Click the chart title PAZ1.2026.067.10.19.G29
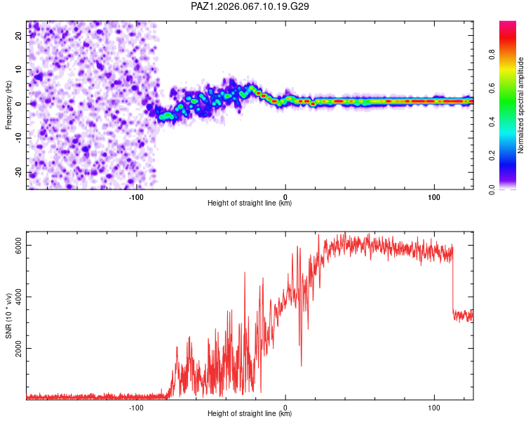[x=250, y=6]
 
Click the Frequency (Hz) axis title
[x=9, y=105]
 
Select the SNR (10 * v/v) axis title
[x=9, y=316]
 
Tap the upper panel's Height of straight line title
[x=250, y=203]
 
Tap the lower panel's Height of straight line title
[x=250, y=414]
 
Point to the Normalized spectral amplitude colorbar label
[x=520, y=105]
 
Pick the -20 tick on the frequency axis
[x=20, y=172]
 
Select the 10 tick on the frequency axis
[x=20, y=70]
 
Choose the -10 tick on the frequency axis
[x=20, y=138]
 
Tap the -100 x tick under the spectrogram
[x=136, y=197]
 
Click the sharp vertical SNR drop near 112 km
[x=452, y=281]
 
